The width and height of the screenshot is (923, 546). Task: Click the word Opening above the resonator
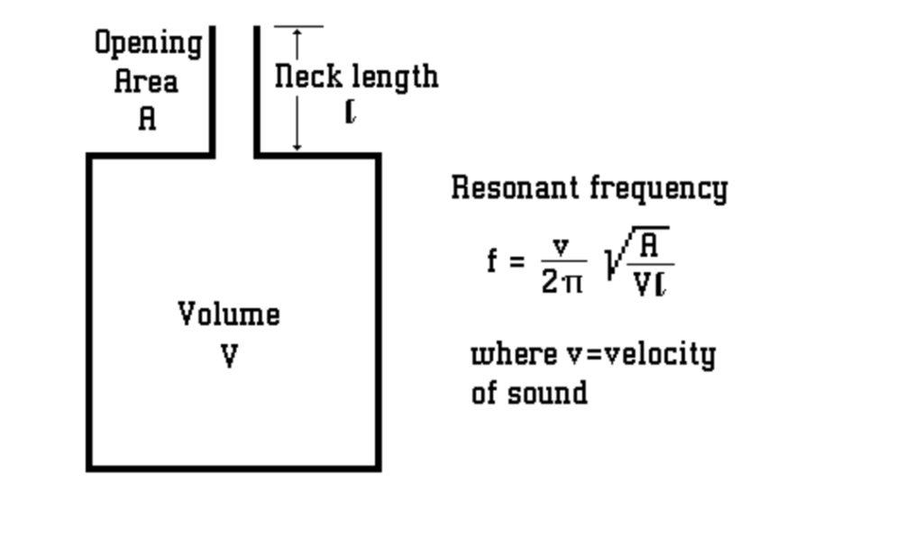coord(149,43)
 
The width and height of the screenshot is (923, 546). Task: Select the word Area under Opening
coord(146,82)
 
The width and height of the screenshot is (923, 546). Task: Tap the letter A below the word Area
coord(147,118)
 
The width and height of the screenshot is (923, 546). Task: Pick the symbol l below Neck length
coord(352,112)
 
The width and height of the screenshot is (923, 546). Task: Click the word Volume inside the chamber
coord(229,314)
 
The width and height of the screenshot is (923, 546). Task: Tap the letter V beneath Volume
coord(230,357)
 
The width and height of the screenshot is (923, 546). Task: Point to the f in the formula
coord(492,262)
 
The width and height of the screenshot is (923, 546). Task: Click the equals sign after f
coord(516,262)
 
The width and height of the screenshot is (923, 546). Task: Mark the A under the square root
coord(650,245)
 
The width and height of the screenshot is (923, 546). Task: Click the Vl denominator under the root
coord(650,285)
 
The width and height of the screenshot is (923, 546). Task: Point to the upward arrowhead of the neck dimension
coord(297,32)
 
